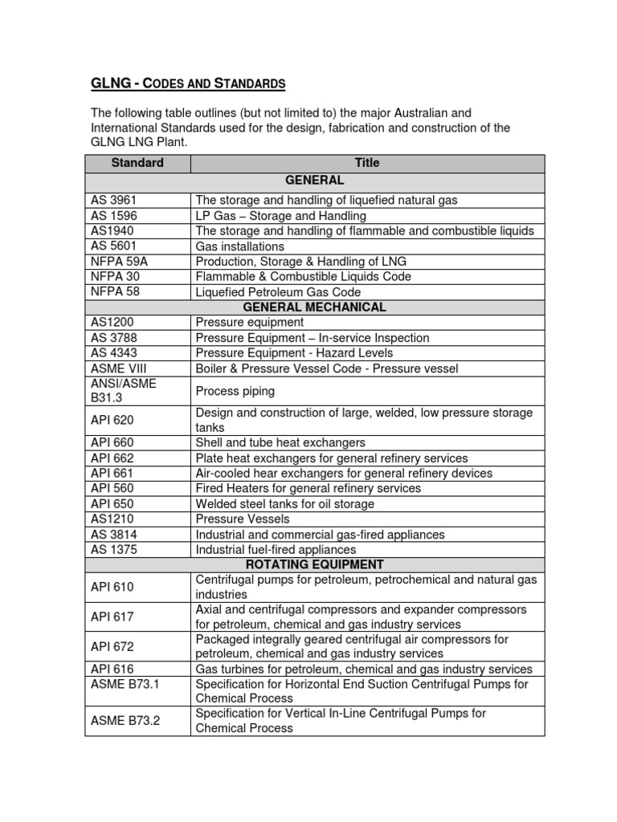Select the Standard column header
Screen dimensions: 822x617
[137, 163]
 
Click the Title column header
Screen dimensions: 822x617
[366, 163]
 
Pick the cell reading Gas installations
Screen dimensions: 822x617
[239, 246]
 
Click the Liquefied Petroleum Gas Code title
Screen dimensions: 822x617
[278, 292]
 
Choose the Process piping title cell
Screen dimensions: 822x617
[235, 391]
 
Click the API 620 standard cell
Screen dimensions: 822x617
[112, 421]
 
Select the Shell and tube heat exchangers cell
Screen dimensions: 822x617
[280, 443]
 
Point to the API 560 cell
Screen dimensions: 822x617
[112, 488]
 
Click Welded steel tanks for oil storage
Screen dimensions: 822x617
[284, 504]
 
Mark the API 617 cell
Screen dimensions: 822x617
[112, 616]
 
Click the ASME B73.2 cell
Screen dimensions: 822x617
[125, 721]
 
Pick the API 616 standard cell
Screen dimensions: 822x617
[112, 669]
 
